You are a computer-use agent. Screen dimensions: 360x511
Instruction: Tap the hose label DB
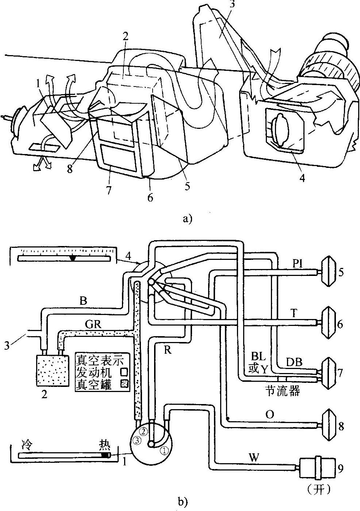tap(294, 362)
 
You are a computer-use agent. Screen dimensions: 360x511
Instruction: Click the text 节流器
tap(283, 391)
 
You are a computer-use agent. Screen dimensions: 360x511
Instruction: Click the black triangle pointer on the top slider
tap(73, 258)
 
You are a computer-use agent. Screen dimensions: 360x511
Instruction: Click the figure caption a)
tap(188, 219)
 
